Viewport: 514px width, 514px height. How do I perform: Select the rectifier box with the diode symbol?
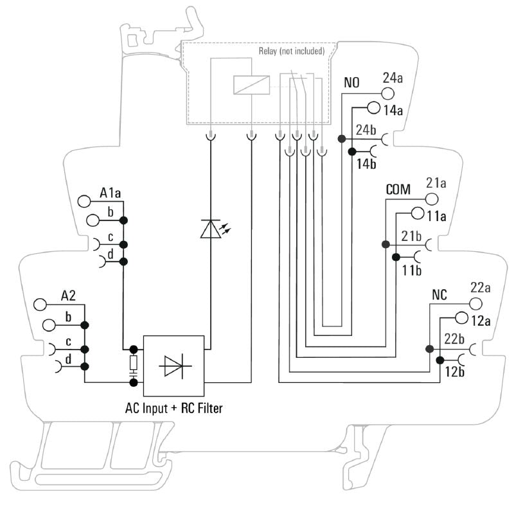pyautogui.click(x=173, y=365)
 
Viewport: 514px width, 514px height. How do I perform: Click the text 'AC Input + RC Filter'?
pyautogui.click(x=173, y=407)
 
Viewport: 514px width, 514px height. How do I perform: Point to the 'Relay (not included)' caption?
pyautogui.click(x=291, y=51)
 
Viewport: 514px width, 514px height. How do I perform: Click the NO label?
pyautogui.click(x=351, y=83)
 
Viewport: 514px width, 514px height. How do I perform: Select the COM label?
pyautogui.click(x=398, y=190)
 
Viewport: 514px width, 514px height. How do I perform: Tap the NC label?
pyautogui.click(x=439, y=296)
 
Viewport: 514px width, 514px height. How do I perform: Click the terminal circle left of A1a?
pyautogui.click(x=84, y=200)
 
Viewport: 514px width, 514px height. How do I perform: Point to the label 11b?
pyautogui.click(x=411, y=270)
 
